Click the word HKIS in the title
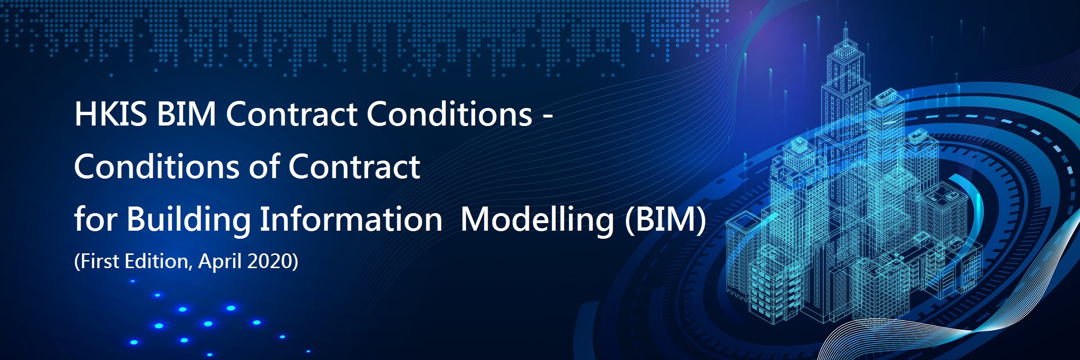111,114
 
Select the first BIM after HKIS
187,114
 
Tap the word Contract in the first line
291,114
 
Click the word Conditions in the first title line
450,114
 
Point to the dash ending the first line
548,117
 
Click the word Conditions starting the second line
158,167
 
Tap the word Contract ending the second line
354,167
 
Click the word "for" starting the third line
96,219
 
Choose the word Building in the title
189,220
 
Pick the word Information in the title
351,219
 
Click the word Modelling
538,220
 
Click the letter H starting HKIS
86,114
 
